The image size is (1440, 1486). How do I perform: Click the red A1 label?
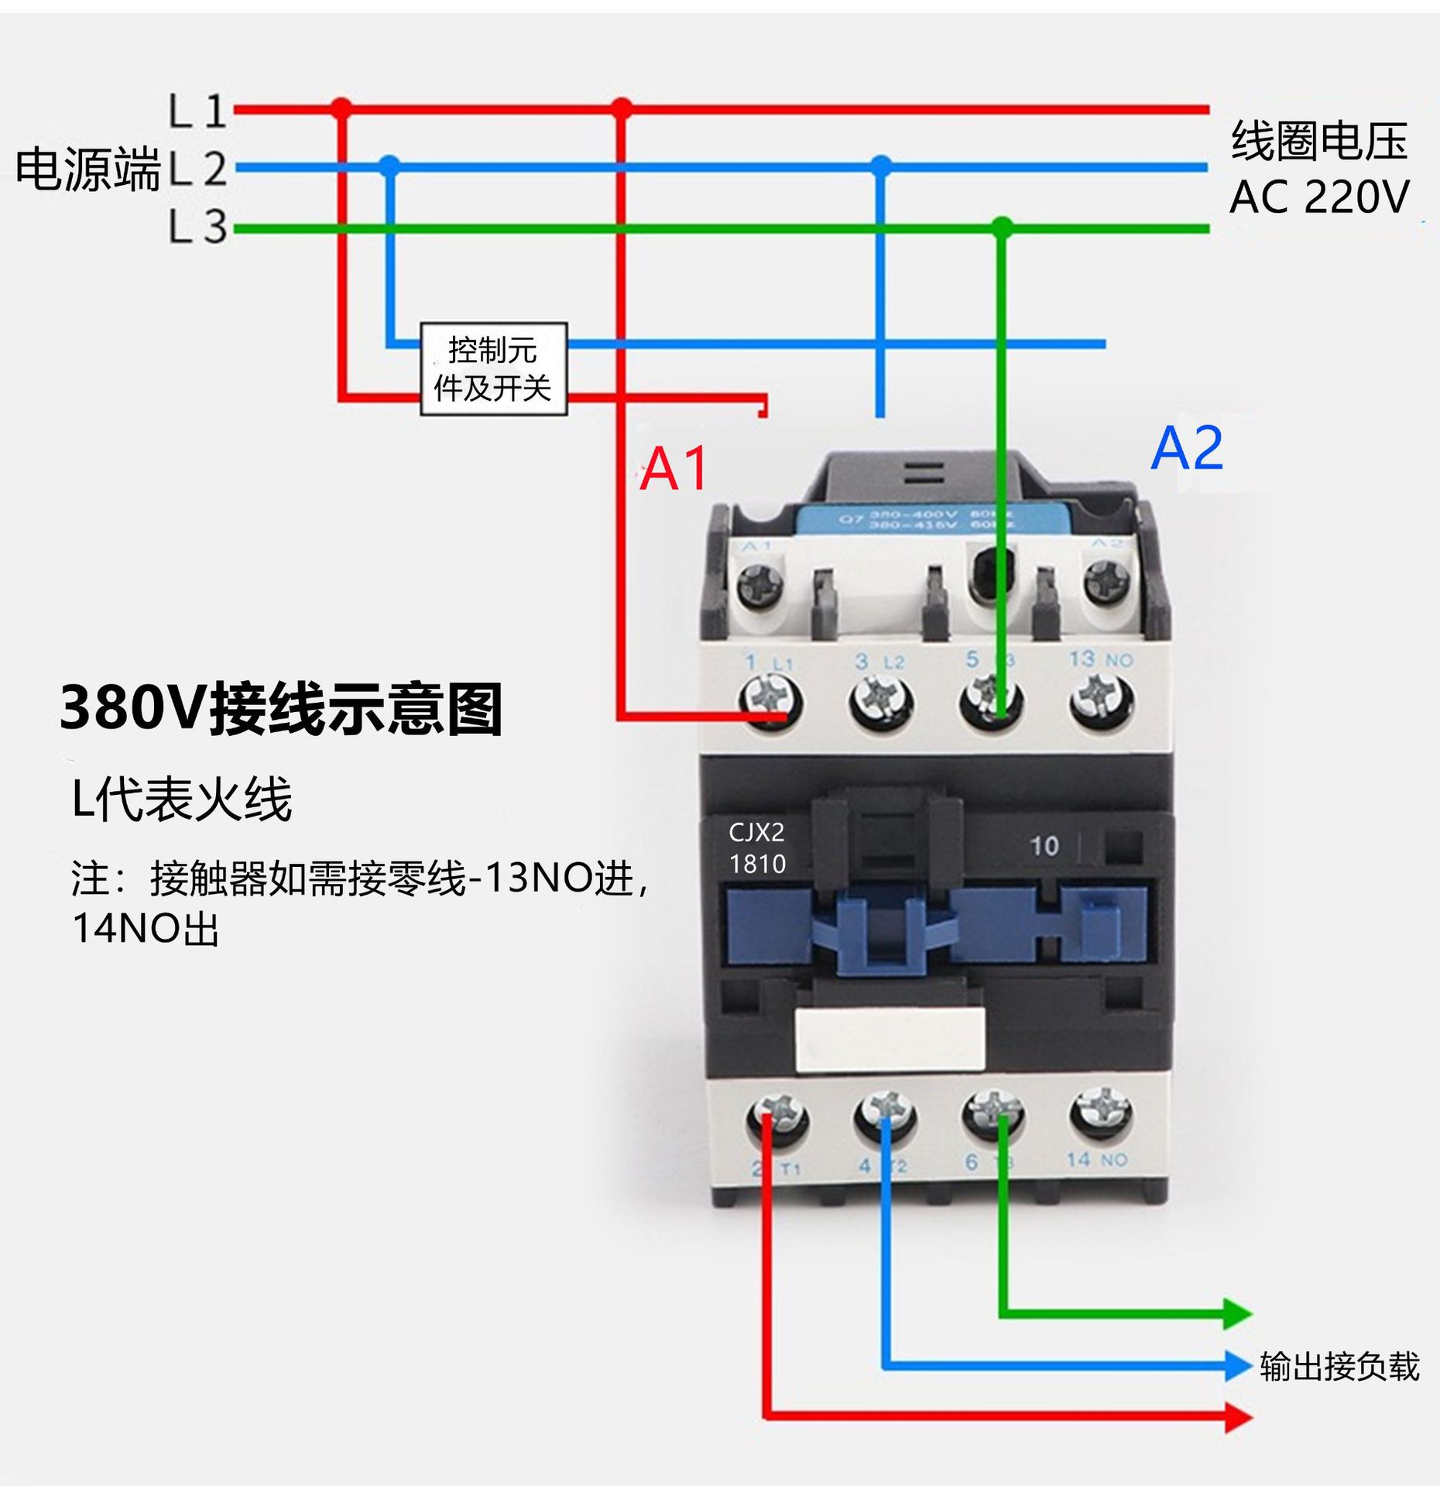(674, 469)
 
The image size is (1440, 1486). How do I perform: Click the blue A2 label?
(1186, 448)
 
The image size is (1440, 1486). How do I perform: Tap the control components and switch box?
(493, 369)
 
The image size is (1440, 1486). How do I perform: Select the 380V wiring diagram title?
(281, 708)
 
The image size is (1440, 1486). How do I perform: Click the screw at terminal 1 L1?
(770, 702)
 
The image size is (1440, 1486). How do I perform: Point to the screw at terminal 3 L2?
(880, 702)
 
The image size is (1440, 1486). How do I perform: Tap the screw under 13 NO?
(1102, 700)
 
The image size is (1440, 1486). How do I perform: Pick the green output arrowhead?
(1237, 1313)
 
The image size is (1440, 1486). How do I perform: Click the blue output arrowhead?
(1237, 1366)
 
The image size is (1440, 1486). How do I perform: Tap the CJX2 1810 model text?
(757, 848)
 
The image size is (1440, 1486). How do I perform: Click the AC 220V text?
(1319, 197)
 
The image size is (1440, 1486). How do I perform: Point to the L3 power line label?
(198, 228)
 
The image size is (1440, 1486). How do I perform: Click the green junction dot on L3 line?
(1002, 228)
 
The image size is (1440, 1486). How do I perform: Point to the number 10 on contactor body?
(1044, 846)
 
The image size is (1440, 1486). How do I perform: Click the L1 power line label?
(198, 111)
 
